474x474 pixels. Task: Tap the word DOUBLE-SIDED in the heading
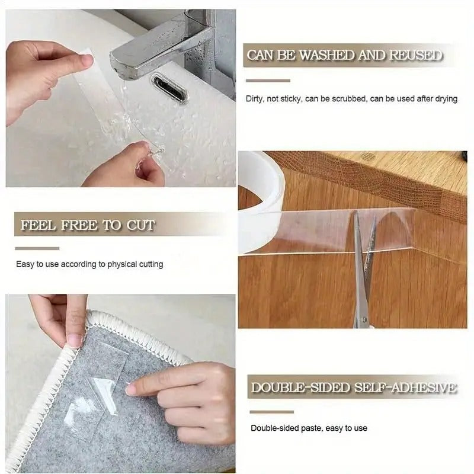coord(300,388)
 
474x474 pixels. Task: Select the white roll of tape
coord(261,196)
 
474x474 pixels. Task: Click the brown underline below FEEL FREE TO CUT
coord(37,248)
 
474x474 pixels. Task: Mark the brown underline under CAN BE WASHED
coord(267,81)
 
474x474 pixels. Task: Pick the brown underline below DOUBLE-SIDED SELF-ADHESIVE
coord(271,412)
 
